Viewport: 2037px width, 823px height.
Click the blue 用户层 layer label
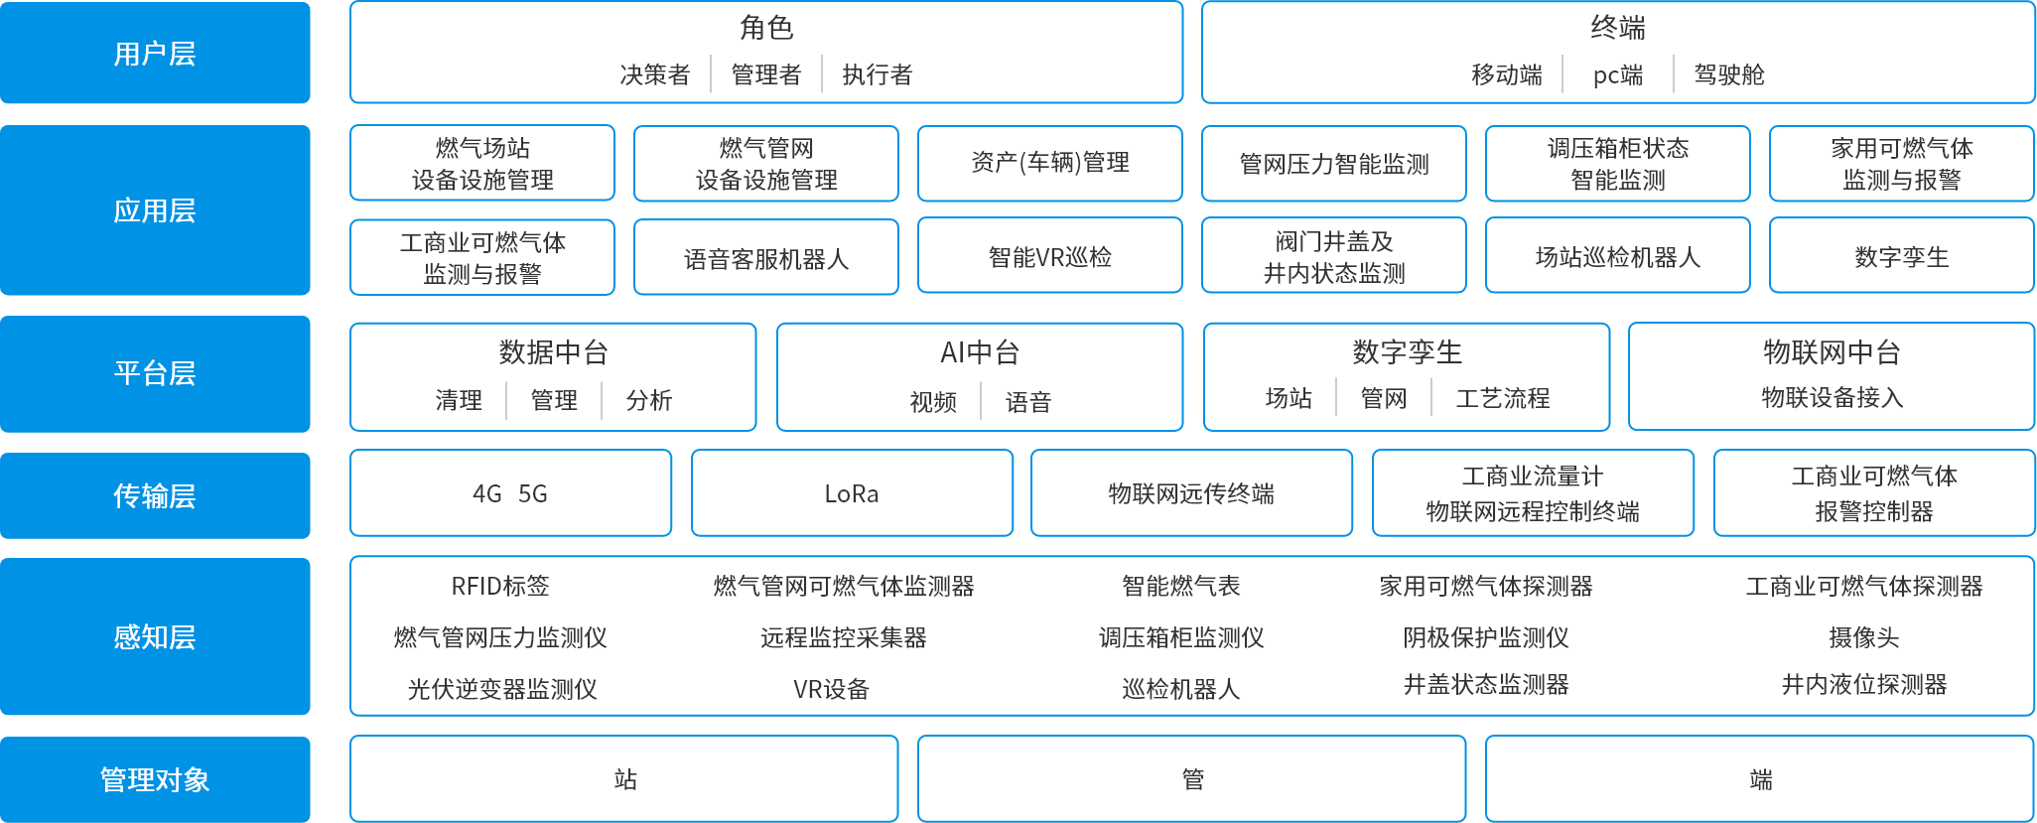point(155,53)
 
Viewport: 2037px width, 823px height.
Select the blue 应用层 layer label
point(155,209)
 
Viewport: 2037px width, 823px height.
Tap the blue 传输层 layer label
point(155,494)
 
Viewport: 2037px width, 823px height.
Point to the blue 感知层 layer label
point(155,636)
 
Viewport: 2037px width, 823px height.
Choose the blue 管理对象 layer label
point(155,779)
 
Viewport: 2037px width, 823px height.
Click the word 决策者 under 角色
point(654,74)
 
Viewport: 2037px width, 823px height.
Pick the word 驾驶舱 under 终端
point(1728,74)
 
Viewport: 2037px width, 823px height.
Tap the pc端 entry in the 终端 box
point(1617,74)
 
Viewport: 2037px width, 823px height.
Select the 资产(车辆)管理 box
point(1049,163)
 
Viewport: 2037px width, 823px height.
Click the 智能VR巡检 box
point(1049,257)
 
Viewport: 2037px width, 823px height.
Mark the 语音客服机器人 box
point(765,259)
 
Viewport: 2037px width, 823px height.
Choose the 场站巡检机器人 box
point(1617,257)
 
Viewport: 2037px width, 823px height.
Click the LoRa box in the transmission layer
point(852,493)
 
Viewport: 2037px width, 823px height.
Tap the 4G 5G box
point(510,493)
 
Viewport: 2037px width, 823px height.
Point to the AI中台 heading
point(979,352)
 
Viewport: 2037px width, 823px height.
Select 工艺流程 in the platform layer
point(1502,398)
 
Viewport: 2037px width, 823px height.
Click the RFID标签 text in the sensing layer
point(500,586)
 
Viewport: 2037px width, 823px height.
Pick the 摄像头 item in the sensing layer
point(1863,637)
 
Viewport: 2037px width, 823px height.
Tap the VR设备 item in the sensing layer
point(831,689)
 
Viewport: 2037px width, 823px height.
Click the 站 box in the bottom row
point(624,779)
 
